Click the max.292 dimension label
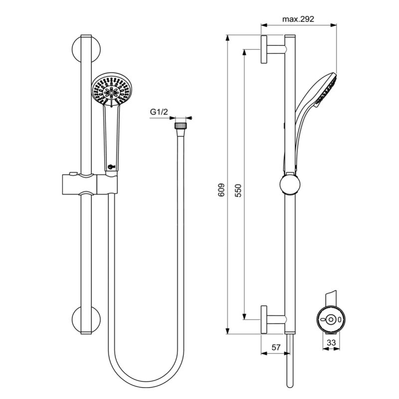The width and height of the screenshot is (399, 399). (x=298, y=19)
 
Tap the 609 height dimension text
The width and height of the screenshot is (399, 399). (x=221, y=190)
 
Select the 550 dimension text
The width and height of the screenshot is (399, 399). (x=238, y=191)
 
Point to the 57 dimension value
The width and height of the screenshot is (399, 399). (x=276, y=347)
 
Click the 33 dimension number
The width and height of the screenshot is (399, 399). (x=331, y=343)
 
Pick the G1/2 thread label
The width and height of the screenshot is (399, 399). (x=159, y=112)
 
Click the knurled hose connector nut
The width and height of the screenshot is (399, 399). (x=181, y=126)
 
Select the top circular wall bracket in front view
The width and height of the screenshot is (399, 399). (x=86, y=49)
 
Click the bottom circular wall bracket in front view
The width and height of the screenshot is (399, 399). (x=86, y=320)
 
